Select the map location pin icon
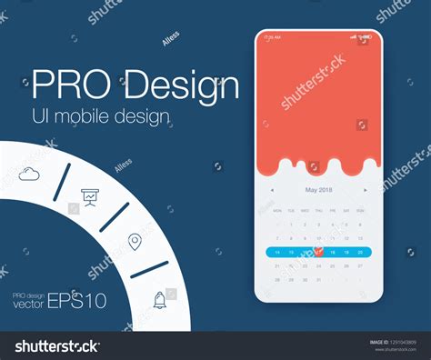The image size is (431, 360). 135,241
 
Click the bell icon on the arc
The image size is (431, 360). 160,299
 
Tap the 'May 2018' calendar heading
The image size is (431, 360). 319,190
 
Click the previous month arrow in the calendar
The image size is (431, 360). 272,190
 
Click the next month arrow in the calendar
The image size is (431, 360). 366,190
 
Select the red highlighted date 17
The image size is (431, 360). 319,252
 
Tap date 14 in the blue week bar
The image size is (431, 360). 278,252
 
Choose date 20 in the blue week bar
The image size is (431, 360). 361,252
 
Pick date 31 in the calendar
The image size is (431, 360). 319,280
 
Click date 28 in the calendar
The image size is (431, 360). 278,280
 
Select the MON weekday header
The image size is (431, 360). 278,209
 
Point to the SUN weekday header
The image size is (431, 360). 361,209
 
